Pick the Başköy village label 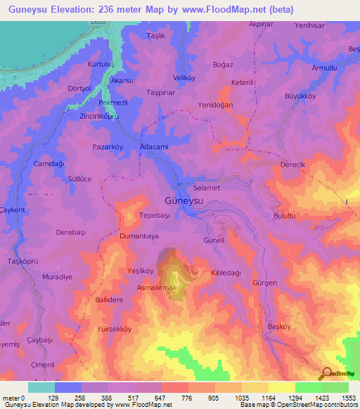coord(279,327)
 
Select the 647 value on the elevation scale coord(148,398)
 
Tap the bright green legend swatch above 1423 coord(309,387)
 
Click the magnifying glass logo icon coord(326,374)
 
